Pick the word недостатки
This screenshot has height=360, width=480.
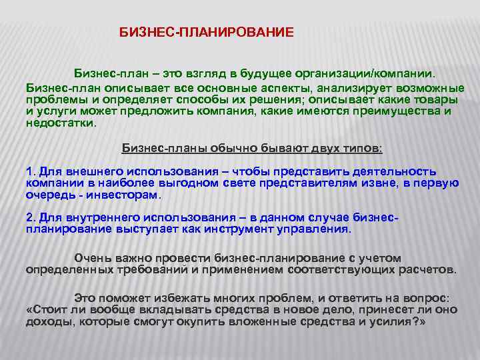pyautogui.click(x=59, y=123)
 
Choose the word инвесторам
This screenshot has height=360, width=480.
pyautogui.click(x=128, y=195)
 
